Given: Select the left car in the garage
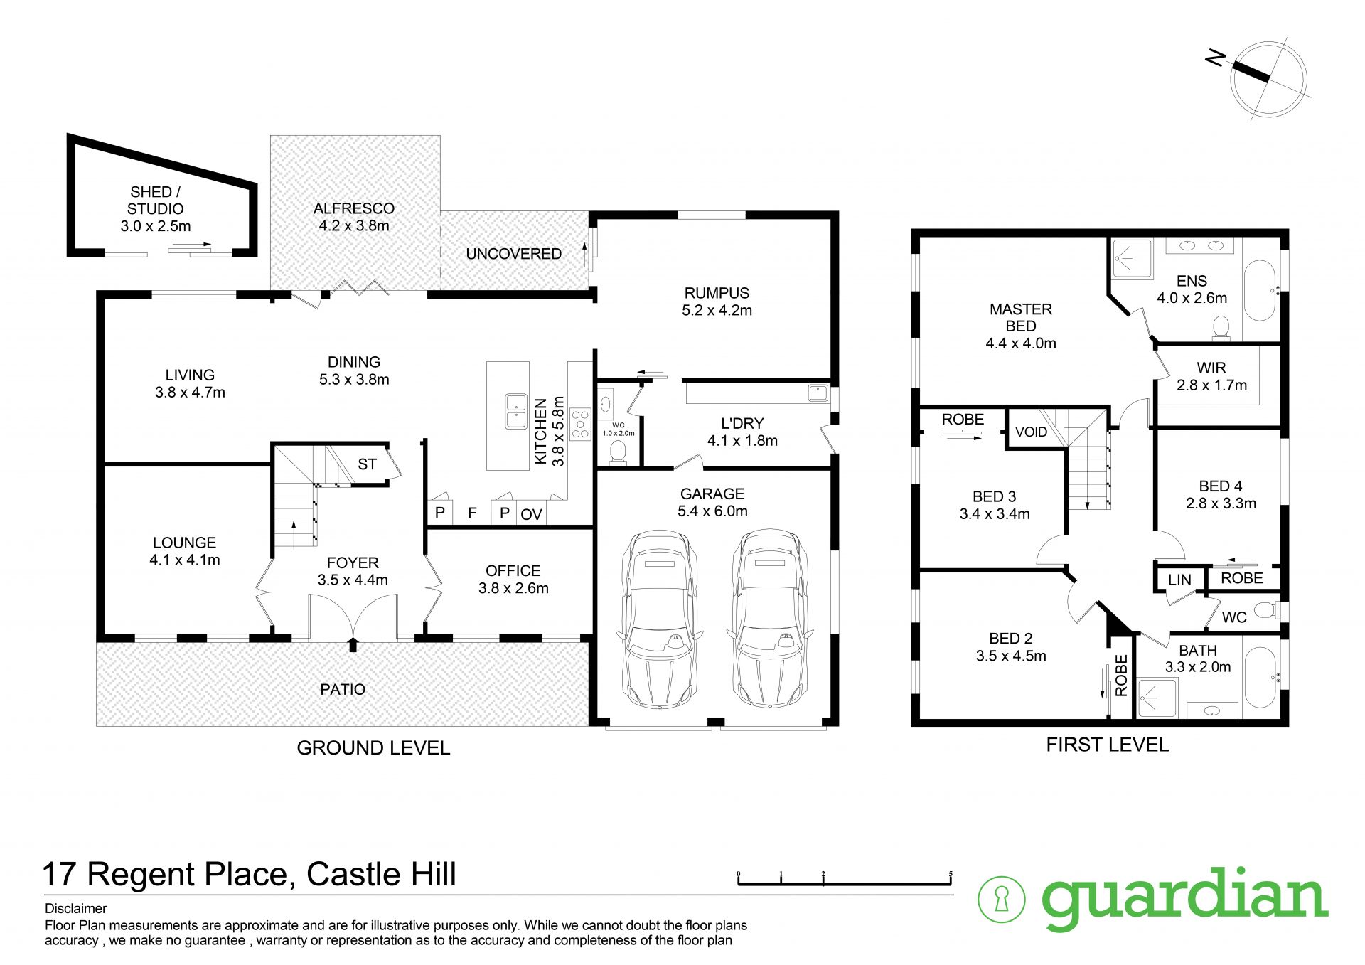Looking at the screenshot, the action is pos(659,619).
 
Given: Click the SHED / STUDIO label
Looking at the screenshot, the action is pos(156,209).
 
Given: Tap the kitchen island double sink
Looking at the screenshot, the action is pos(515,411).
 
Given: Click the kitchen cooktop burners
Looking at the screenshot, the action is pos(581,423).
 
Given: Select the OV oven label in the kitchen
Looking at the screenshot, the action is pos(531,514).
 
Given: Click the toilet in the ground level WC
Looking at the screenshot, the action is pos(618,452).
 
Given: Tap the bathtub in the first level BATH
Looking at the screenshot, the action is pos(1260,677).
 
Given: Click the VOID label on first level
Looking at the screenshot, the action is pos(1031,432).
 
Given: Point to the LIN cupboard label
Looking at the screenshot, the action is pos(1179,580).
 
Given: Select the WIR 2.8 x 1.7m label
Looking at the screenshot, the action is pos(1211,376).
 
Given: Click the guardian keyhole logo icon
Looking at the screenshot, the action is pos(1002,899).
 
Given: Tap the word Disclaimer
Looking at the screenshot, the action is pos(75,908).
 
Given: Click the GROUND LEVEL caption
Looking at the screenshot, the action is pos(373,747).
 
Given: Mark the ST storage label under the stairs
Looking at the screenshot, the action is pos(367,464).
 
